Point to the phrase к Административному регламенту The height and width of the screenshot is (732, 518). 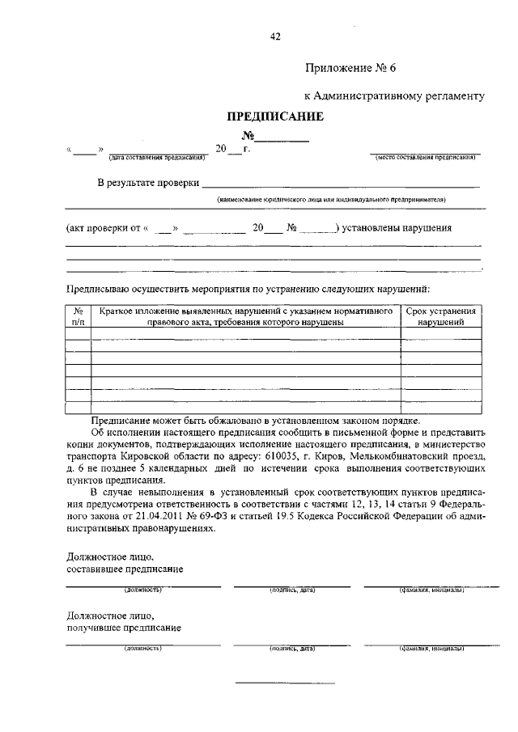click(394, 95)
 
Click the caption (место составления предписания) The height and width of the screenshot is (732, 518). click(425, 157)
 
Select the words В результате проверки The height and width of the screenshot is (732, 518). click(147, 184)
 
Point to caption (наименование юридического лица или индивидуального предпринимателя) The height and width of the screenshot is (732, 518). click(331, 199)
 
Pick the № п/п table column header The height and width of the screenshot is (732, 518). click(79, 316)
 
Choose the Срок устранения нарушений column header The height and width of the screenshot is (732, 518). click(440, 316)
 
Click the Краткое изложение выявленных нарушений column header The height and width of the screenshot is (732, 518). click(246, 316)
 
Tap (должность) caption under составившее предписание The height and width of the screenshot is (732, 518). click(142, 590)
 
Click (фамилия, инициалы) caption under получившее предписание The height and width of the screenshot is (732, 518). click(430, 649)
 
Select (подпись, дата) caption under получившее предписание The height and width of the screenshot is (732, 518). click(291, 649)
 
